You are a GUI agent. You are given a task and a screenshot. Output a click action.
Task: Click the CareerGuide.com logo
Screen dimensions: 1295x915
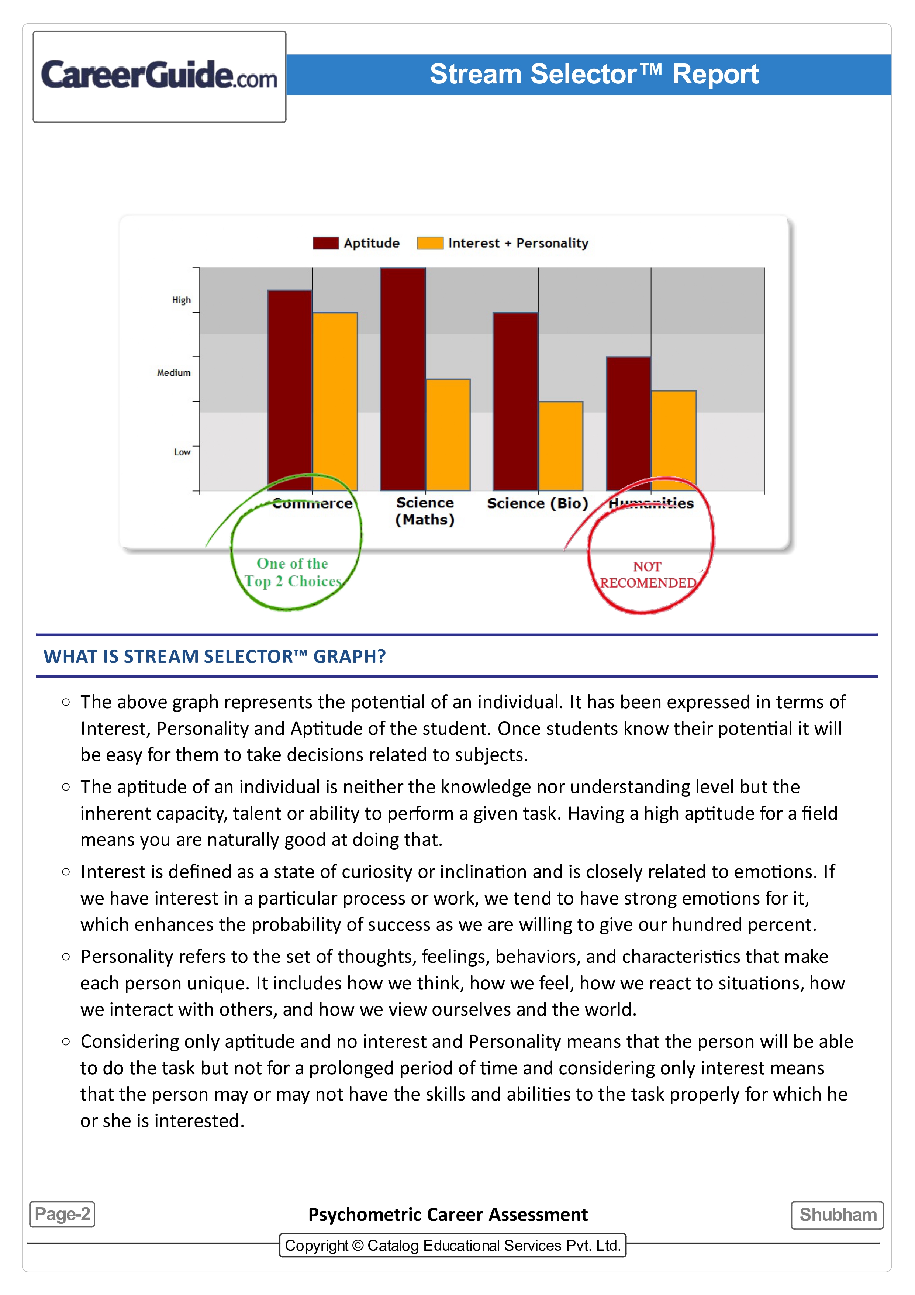[159, 76]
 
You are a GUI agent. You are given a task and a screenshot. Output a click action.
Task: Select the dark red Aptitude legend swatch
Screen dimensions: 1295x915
[325, 243]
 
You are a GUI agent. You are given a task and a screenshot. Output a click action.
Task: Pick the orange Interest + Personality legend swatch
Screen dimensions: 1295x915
[429, 243]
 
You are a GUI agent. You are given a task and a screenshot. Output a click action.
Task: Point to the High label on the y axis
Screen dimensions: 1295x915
[182, 300]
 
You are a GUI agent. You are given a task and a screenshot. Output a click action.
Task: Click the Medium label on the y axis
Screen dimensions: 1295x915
[174, 373]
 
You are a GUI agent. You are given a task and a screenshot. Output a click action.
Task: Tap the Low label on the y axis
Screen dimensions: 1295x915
[182, 452]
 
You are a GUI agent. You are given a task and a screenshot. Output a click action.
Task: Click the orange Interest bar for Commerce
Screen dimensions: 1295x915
[335, 400]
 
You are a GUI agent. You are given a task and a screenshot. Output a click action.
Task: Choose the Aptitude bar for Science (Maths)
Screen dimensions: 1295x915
[403, 378]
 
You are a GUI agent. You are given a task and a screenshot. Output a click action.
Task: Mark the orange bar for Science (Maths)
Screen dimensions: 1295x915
[448, 434]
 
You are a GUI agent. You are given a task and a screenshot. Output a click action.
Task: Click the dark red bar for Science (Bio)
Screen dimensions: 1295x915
[515, 400]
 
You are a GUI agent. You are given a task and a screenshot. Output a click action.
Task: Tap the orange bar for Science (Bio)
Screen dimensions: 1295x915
[560, 445]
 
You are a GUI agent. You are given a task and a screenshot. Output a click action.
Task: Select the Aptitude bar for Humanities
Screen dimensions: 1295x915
[629, 423]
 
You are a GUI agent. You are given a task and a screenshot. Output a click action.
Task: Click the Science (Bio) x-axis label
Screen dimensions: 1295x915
[537, 503]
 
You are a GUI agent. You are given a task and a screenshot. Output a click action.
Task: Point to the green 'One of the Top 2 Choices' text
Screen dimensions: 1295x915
[293, 572]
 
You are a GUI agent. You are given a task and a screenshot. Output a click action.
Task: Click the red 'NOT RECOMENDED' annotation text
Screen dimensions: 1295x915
[647, 574]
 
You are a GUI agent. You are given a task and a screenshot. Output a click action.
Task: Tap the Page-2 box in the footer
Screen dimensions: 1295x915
[62, 1214]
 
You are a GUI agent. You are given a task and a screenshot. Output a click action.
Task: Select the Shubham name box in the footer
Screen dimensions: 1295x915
[837, 1214]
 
